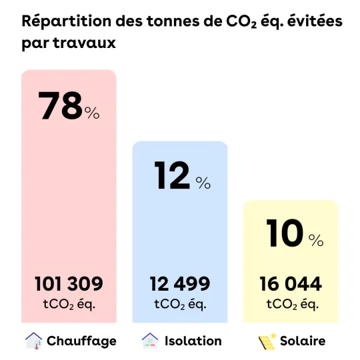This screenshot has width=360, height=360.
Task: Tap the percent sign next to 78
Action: (x=92, y=113)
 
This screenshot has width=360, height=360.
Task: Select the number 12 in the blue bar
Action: (x=173, y=175)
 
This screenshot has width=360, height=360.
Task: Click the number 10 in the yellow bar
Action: (x=284, y=233)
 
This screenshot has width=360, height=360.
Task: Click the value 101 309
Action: (x=69, y=284)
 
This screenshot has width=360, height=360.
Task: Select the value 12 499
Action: (x=180, y=284)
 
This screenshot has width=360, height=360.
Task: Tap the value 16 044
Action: (x=290, y=284)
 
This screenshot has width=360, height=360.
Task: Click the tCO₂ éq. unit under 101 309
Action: (x=69, y=305)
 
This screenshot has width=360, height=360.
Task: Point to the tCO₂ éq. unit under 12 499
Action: (x=180, y=305)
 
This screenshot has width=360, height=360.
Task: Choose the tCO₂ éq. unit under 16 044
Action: (x=290, y=305)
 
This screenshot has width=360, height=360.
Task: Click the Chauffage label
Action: (x=81, y=341)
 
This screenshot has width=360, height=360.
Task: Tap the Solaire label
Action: (x=303, y=341)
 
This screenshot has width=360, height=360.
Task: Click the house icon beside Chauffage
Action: (x=33, y=340)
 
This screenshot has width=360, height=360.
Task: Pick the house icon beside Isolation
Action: (x=150, y=340)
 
